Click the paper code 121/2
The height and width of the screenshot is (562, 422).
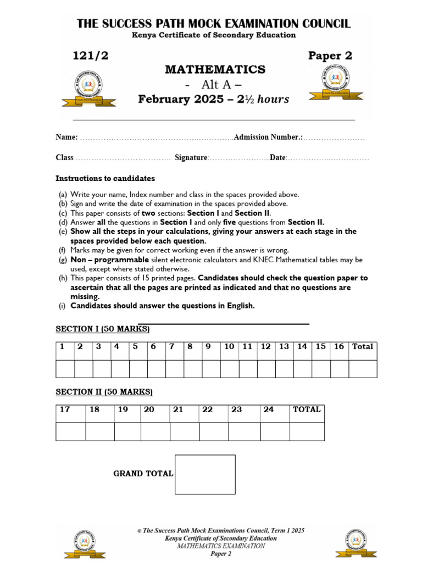(x=88, y=55)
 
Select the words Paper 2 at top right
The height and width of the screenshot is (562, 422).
(x=330, y=55)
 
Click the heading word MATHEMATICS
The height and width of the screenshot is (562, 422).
(x=215, y=70)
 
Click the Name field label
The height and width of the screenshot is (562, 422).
(x=66, y=137)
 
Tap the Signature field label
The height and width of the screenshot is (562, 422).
(x=191, y=158)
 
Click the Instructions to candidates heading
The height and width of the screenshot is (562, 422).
(x=105, y=178)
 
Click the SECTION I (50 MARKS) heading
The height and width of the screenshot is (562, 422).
(x=103, y=329)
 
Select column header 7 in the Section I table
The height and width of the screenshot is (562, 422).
(x=171, y=346)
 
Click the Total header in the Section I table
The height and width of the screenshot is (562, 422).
(x=363, y=346)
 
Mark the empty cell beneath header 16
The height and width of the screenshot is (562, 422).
(x=339, y=369)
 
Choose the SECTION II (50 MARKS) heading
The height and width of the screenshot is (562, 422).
(x=104, y=392)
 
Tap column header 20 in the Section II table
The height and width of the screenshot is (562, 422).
(x=149, y=409)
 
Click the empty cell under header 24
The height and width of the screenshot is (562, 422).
(x=275, y=431)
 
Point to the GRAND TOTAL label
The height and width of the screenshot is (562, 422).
(x=143, y=474)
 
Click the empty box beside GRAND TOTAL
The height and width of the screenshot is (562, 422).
(x=205, y=474)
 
